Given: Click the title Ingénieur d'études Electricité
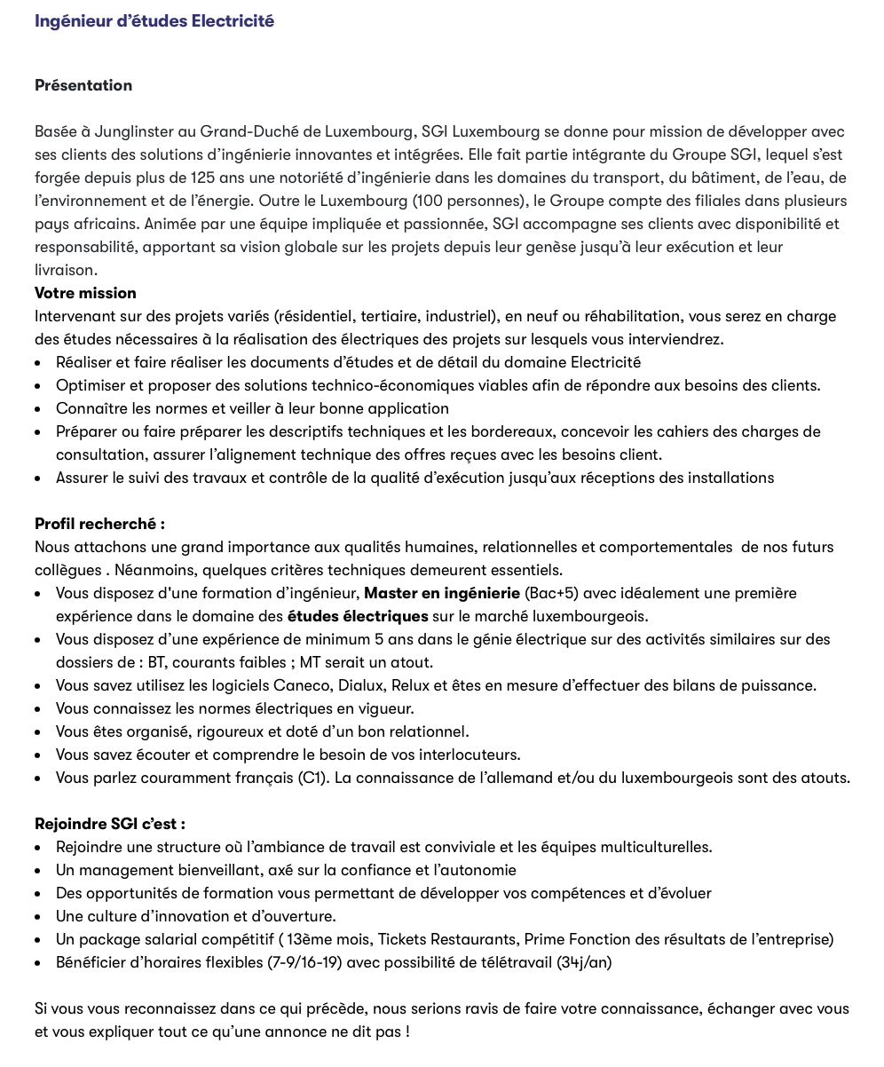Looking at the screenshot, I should (154, 20).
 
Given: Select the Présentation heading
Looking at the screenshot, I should (83, 85).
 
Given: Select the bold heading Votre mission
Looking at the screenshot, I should (85, 293).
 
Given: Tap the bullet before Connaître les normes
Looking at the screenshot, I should (38, 409).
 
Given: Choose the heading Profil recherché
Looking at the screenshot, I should (99, 524).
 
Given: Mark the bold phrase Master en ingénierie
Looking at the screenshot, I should (442, 593).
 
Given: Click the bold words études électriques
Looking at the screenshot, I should (358, 616).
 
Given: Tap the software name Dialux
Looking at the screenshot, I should (359, 685).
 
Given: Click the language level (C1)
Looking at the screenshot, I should (313, 778).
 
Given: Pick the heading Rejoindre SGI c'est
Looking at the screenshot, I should (110, 824).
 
